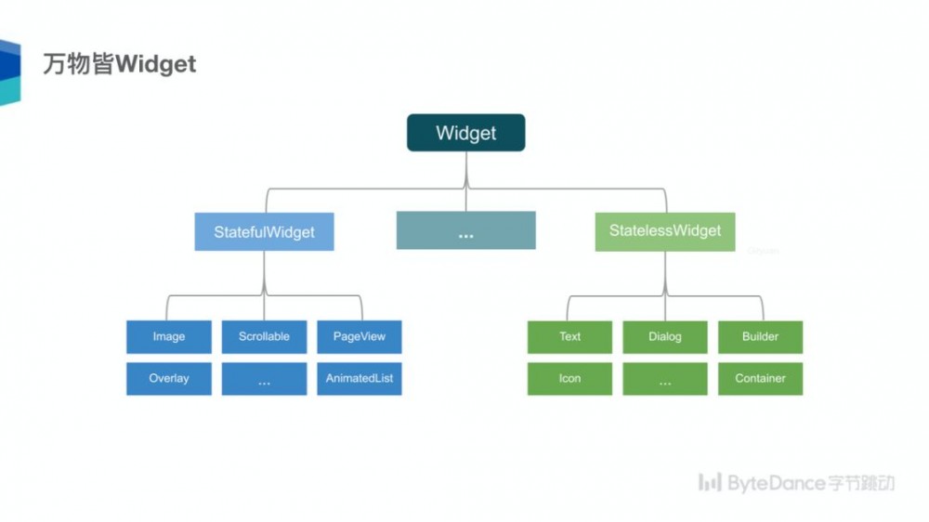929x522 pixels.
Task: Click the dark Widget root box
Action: click(x=465, y=133)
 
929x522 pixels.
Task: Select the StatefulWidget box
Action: click(x=264, y=231)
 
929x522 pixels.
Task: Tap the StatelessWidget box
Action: click(x=664, y=230)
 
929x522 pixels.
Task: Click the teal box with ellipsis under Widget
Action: click(x=465, y=230)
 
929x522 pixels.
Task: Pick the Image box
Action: click(x=169, y=336)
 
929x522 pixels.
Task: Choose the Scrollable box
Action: click(x=264, y=336)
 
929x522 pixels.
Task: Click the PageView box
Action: click(x=359, y=336)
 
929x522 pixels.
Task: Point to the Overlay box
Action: click(x=169, y=378)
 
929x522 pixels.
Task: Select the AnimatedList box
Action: click(x=359, y=378)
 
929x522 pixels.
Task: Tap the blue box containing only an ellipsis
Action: click(x=264, y=379)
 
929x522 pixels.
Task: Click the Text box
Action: click(x=569, y=336)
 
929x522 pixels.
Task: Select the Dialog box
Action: click(x=664, y=336)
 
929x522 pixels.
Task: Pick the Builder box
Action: click(x=760, y=336)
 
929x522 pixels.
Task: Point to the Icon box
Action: click(x=569, y=378)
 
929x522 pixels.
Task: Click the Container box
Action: click(x=760, y=378)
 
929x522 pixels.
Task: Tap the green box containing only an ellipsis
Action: click(x=664, y=379)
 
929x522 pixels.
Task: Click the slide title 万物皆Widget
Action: click(x=120, y=64)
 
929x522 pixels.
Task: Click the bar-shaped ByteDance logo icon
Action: click(x=710, y=482)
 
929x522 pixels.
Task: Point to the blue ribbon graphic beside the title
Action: click(x=9, y=72)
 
